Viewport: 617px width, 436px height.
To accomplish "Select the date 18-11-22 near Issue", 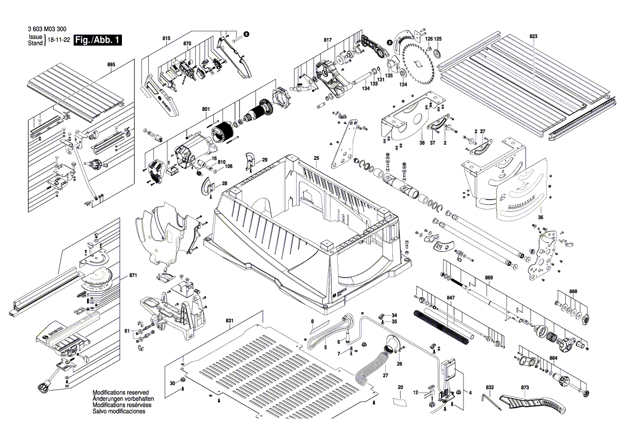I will click(59, 40).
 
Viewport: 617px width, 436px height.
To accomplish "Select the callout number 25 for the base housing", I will click(317, 158).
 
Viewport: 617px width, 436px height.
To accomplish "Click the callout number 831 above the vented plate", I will click(229, 320).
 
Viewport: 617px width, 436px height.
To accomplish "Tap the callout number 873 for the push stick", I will click(525, 388).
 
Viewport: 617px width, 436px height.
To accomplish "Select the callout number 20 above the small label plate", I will click(400, 388).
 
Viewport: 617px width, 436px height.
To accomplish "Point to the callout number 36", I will click(540, 217).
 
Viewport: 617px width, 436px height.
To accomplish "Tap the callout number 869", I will click(489, 278).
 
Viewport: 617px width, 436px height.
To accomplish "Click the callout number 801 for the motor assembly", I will click(206, 109).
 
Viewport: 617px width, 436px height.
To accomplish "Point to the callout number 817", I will click(327, 41).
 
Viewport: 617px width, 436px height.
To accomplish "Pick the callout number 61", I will click(127, 330).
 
